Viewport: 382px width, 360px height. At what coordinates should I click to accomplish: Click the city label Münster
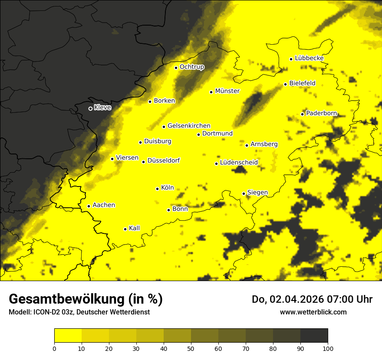pos(227,91)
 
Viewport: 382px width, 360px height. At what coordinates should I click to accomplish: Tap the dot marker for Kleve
pos(90,108)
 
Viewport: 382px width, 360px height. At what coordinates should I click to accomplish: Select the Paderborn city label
pos(321,114)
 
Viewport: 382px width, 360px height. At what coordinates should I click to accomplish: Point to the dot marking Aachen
pos(89,206)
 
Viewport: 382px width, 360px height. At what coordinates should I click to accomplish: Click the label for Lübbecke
pos(309,58)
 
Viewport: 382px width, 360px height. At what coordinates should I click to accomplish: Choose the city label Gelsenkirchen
pos(189,126)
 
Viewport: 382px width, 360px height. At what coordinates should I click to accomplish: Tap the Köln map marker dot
pos(157,189)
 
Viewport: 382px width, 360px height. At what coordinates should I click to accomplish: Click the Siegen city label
pos(257,193)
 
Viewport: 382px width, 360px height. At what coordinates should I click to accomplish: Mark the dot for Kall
pos(125,229)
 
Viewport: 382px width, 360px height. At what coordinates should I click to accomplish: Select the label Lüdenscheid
pos(239,163)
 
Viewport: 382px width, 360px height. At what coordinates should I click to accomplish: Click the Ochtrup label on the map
pos(191,67)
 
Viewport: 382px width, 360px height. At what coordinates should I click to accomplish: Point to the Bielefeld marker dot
pos(285,84)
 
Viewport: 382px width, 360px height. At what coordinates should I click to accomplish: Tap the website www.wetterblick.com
pos(313,312)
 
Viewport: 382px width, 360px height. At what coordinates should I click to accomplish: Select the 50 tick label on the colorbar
pos(191,348)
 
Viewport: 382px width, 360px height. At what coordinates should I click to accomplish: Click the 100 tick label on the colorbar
pos(328,348)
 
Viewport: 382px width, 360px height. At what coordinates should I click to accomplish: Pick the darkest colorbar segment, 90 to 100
pos(314,335)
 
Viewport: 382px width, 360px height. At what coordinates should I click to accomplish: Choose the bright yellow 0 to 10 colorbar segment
pos(68,335)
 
